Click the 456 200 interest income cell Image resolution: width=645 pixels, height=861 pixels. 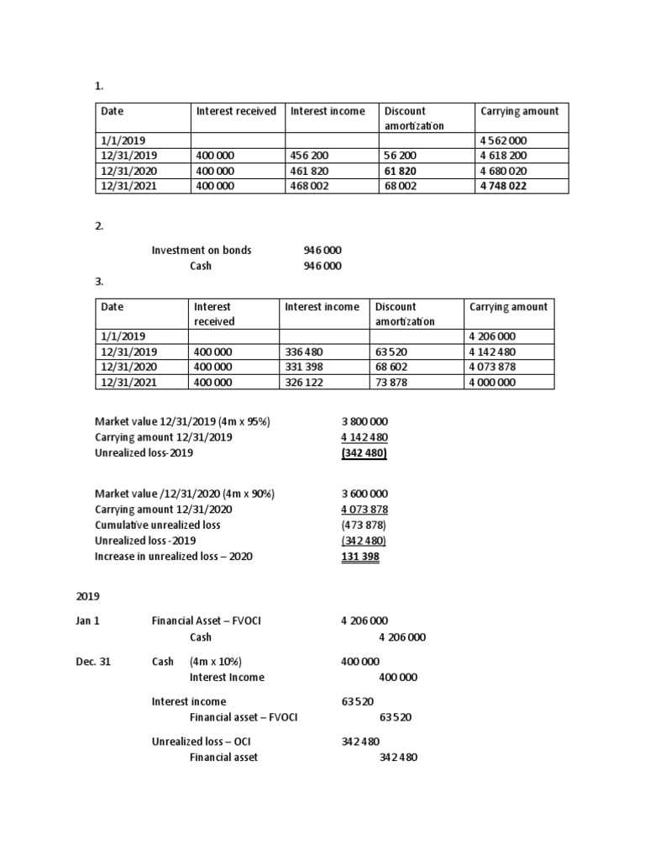[309, 156]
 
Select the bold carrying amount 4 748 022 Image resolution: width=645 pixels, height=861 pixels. [504, 186]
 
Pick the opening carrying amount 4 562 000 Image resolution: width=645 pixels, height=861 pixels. [504, 140]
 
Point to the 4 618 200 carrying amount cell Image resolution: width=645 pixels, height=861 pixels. [504, 156]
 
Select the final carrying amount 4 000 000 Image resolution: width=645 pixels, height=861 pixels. [493, 382]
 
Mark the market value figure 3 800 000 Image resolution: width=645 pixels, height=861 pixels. [364, 422]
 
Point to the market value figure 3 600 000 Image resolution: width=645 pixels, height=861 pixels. [364, 494]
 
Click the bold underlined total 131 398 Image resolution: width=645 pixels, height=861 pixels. [360, 557]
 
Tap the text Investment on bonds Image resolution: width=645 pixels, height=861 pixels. [201, 250]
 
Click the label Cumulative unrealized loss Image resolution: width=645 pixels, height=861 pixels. [158, 525]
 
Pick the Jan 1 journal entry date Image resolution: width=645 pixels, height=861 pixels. [88, 621]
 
